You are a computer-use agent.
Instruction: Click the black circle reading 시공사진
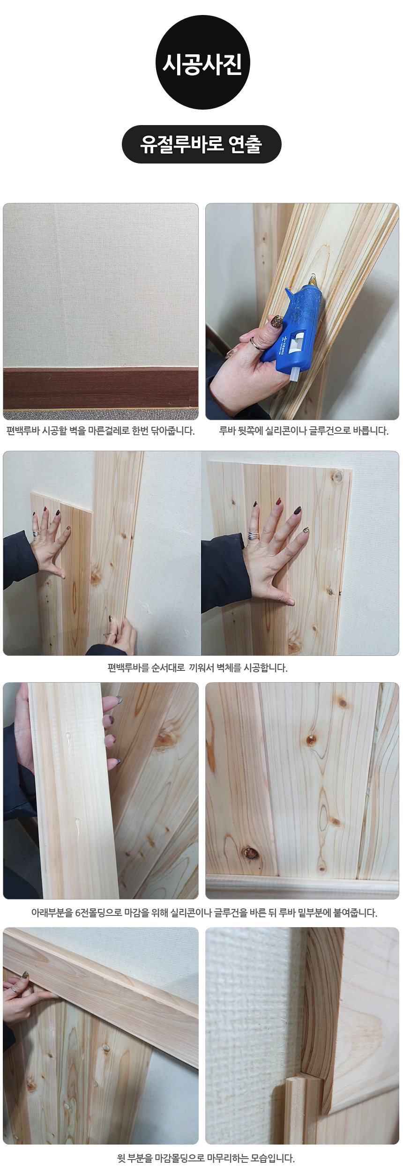pos(202,62)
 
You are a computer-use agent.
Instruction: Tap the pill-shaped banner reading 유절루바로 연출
pos(201,144)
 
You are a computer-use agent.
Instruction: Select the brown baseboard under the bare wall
pos(101,388)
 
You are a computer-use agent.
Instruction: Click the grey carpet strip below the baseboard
pos(101,414)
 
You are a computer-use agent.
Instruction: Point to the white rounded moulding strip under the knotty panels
pos(302,886)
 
